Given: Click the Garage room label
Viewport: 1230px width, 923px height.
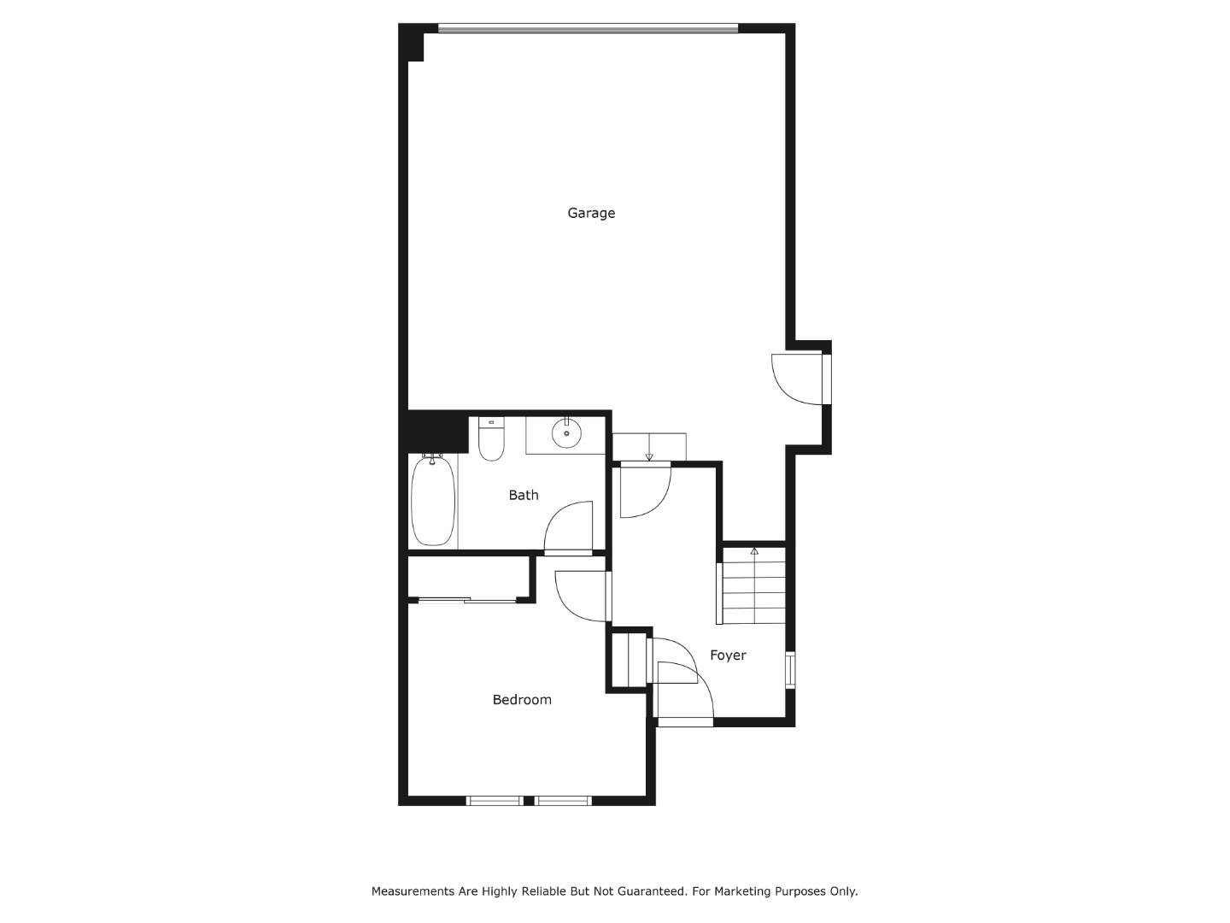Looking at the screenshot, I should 591,213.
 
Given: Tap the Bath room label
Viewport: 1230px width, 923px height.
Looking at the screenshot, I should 524,495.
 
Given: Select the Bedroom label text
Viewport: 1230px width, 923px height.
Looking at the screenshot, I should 522,700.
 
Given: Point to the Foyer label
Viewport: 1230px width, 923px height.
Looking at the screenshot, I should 728,656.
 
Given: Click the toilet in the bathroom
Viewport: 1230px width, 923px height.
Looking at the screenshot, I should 490,438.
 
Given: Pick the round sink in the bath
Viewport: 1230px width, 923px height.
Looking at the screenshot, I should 565,434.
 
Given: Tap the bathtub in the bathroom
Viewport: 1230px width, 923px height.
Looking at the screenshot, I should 432,500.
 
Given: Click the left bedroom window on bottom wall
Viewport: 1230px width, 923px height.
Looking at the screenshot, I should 495,801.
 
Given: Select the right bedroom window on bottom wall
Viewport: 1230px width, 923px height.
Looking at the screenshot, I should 563,801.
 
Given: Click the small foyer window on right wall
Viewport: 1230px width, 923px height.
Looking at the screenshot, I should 790,670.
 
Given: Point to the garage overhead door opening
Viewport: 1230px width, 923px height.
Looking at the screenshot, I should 588,28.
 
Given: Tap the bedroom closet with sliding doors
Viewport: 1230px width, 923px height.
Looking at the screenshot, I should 469,578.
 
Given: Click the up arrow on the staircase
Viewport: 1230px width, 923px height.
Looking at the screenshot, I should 754,552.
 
